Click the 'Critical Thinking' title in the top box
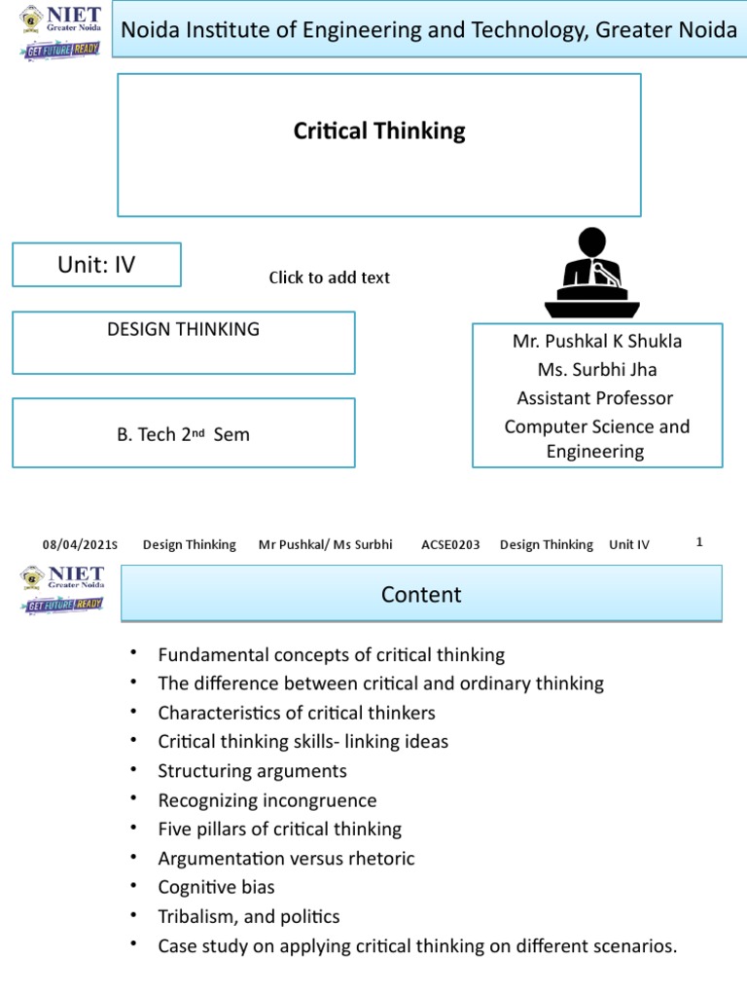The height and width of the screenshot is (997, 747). [379, 131]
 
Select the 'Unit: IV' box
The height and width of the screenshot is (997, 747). [96, 265]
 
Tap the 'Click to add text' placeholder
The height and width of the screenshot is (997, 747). [329, 277]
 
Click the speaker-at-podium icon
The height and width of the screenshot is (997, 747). [591, 273]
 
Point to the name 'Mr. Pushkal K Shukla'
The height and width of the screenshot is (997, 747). [597, 341]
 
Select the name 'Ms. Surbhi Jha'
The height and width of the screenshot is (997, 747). [597, 369]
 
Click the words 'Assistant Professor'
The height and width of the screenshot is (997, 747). [595, 397]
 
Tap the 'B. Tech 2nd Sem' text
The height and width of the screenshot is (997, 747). [183, 434]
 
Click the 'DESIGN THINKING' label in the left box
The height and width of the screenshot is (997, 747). [183, 329]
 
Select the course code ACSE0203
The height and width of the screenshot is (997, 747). [450, 545]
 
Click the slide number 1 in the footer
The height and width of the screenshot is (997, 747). [699, 542]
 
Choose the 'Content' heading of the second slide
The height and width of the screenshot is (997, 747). [421, 594]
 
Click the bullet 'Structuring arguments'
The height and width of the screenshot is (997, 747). [252, 771]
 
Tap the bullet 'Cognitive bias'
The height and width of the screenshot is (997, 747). [216, 887]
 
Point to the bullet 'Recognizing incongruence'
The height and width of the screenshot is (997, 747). [267, 800]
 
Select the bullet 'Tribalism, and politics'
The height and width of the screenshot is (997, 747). [249, 916]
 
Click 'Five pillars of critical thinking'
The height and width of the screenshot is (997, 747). [279, 830]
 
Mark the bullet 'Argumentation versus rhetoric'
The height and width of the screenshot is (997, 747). [286, 859]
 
